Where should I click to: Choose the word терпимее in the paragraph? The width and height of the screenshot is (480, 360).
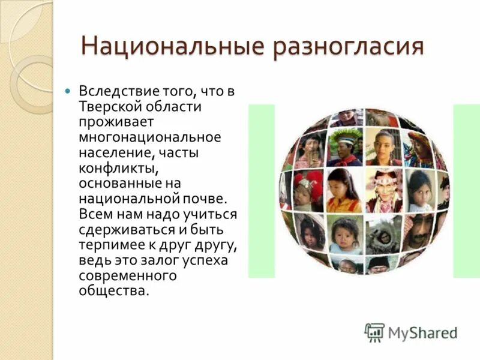coord(111,245)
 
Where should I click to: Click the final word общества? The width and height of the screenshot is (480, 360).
coord(113,290)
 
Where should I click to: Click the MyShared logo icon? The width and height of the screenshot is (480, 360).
coord(374,332)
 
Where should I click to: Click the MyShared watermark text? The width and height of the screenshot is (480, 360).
coord(422,332)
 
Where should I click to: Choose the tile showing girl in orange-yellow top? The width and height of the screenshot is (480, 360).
coord(344,190)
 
